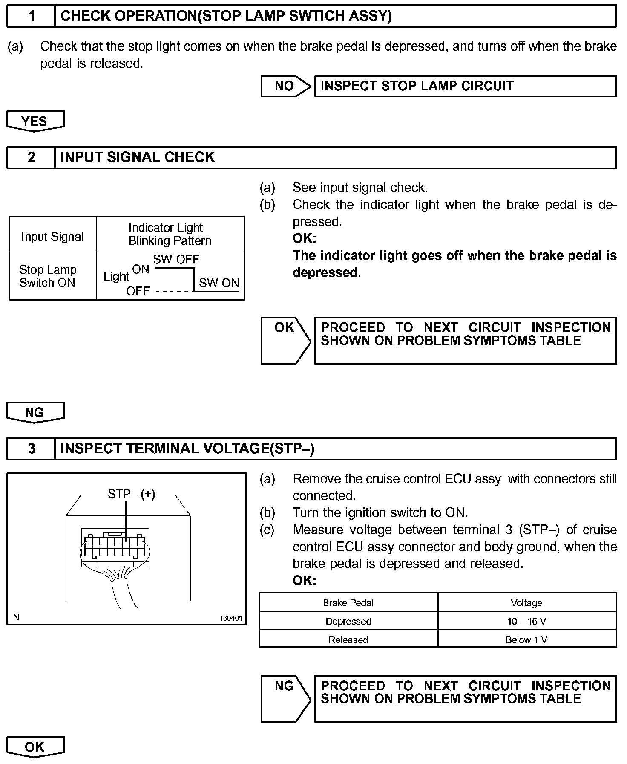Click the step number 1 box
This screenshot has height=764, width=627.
pyautogui.click(x=31, y=16)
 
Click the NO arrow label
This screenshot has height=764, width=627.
pyautogui.click(x=285, y=86)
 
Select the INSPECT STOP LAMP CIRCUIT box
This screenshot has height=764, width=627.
pyautogui.click(x=465, y=86)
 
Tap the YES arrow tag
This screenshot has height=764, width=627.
pyautogui.click(x=35, y=121)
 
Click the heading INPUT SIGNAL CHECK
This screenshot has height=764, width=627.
pyautogui.click(x=138, y=157)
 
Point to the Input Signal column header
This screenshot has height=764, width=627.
pyautogui.click(x=52, y=237)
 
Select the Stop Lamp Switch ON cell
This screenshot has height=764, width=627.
pyautogui.click(x=48, y=276)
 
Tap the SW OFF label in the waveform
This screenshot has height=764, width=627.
pyautogui.click(x=176, y=259)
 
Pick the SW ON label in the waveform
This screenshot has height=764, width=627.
pyautogui.click(x=219, y=283)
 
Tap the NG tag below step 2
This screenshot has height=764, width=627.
pyautogui.click(x=35, y=412)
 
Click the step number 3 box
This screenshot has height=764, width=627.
pyautogui.click(x=31, y=449)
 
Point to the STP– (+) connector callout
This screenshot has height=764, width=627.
pyautogui.click(x=131, y=494)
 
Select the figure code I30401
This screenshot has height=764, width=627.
pyautogui.click(x=231, y=618)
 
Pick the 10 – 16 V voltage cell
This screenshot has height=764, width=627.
pyautogui.click(x=526, y=621)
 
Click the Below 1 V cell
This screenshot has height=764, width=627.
pyautogui.click(x=526, y=640)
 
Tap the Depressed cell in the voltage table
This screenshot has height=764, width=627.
pyautogui.click(x=348, y=621)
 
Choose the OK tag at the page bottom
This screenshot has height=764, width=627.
pyautogui.click(x=35, y=747)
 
